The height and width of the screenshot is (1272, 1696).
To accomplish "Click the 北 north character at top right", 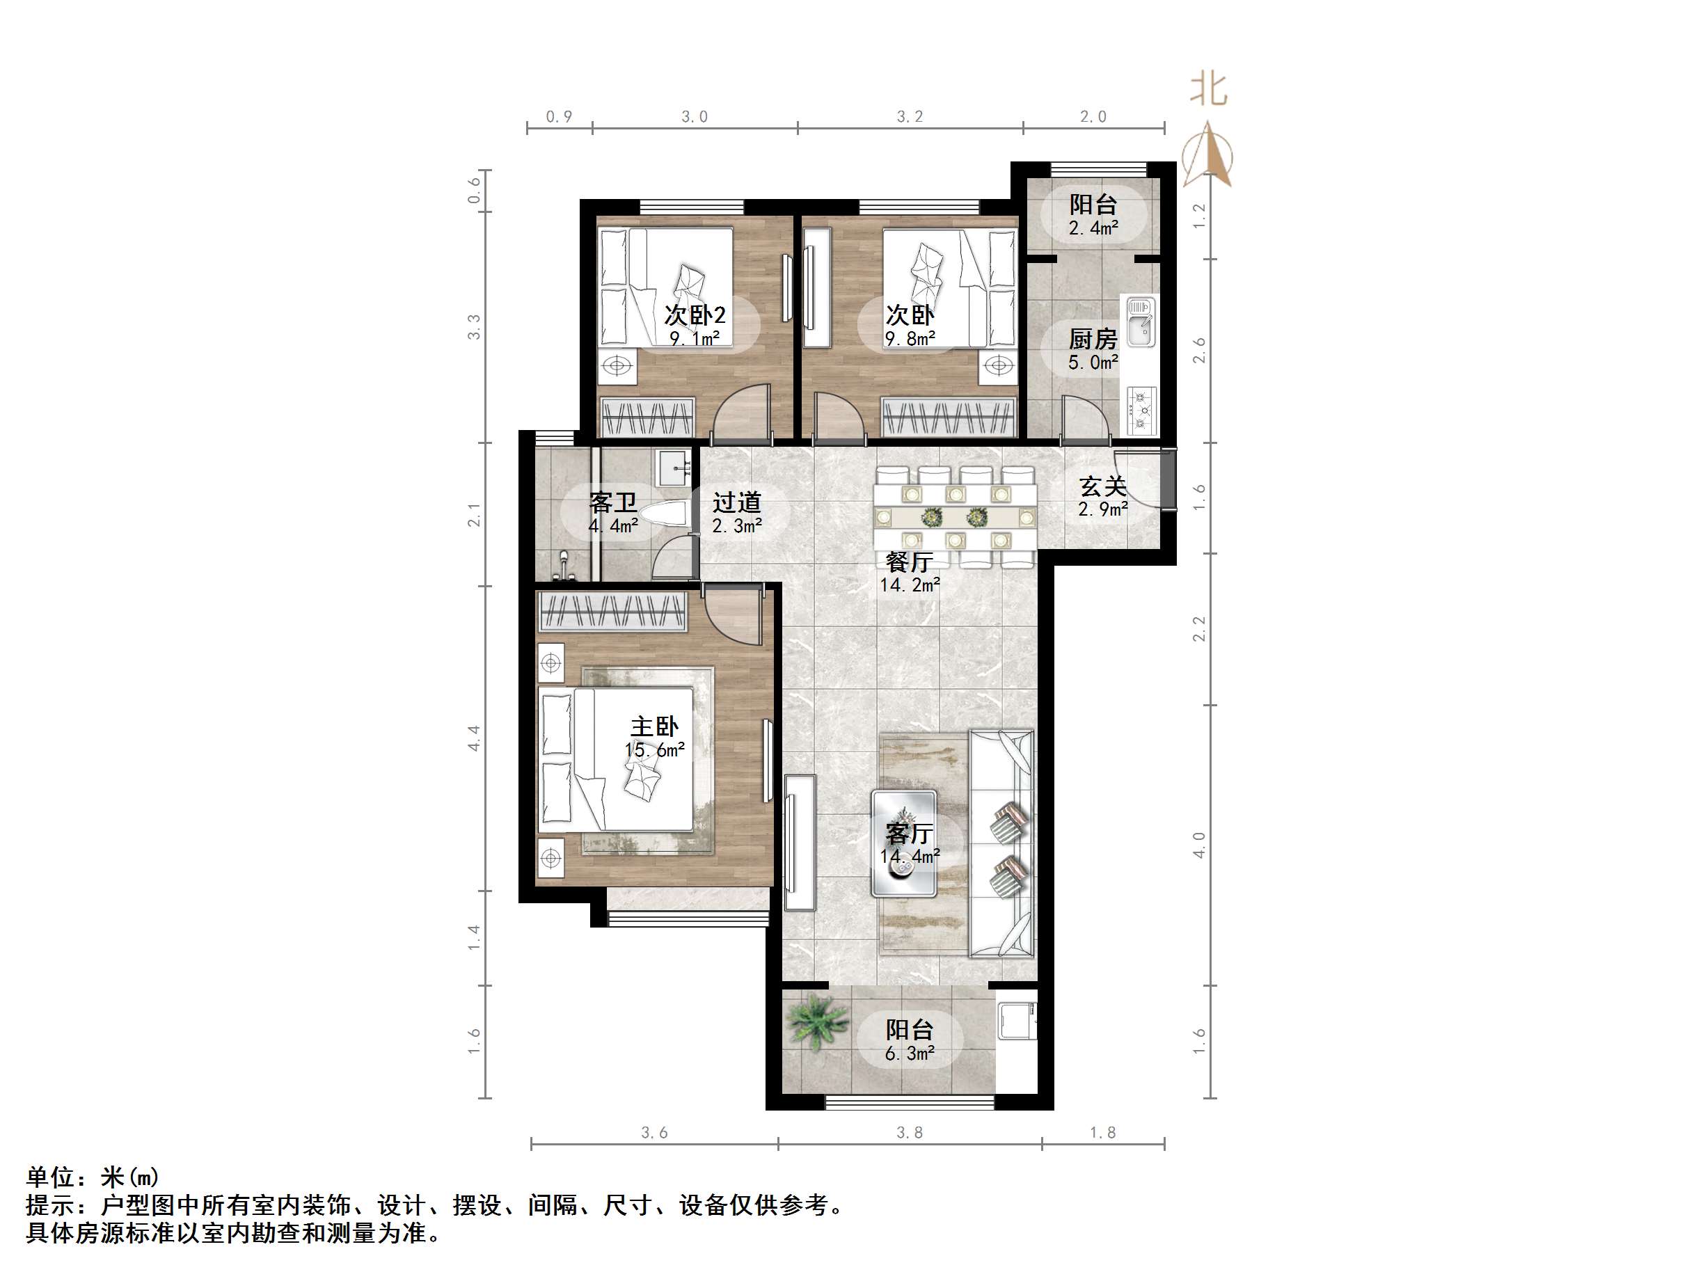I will click(x=1208, y=90).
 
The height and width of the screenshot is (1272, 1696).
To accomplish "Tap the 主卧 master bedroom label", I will click(x=654, y=727).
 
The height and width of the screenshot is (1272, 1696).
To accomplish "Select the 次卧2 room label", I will click(x=695, y=315).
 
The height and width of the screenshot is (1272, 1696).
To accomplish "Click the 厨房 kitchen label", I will click(x=1093, y=339).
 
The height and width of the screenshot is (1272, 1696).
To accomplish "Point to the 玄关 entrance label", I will click(x=1102, y=486).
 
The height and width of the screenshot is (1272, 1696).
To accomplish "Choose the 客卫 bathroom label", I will click(x=612, y=503).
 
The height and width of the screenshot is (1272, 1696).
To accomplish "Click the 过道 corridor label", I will click(x=736, y=503).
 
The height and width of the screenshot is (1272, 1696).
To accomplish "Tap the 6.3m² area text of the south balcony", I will click(x=910, y=1054).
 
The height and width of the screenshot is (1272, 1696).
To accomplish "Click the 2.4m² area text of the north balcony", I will click(x=1093, y=228).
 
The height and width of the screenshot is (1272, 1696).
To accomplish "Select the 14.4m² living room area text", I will click(x=910, y=856).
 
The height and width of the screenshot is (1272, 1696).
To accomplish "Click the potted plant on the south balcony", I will click(x=817, y=1021).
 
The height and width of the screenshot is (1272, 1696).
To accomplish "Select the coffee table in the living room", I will click(x=905, y=843).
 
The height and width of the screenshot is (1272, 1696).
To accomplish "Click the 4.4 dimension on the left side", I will click(x=475, y=738).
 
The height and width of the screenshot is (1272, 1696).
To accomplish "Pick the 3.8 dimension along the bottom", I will click(x=910, y=1132).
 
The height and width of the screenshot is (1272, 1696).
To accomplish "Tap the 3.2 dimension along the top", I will click(x=910, y=116).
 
